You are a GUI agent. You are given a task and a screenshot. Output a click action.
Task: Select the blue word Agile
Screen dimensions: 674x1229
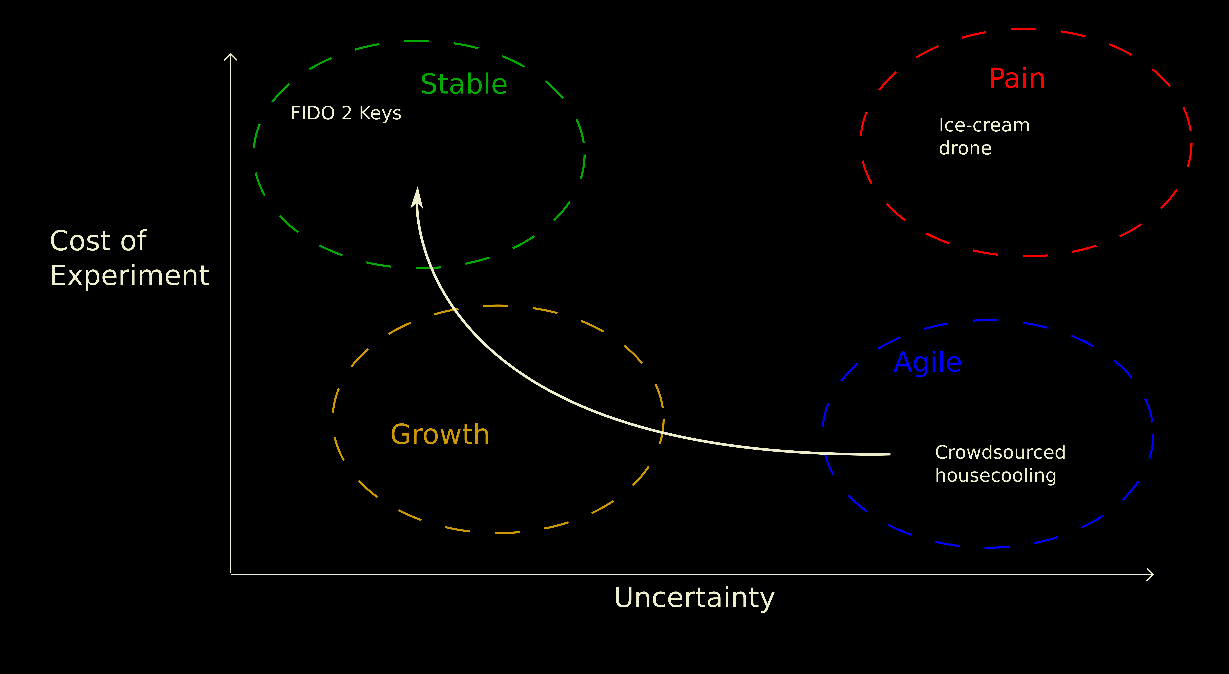click(928, 363)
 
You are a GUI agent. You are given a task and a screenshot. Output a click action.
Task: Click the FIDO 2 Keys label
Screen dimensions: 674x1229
click(346, 113)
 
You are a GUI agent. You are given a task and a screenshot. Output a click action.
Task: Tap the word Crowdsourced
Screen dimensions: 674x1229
click(1000, 452)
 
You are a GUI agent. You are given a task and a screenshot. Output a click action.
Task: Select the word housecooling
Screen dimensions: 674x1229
click(996, 476)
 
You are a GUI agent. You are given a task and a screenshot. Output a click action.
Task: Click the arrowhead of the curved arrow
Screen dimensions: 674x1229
click(417, 196)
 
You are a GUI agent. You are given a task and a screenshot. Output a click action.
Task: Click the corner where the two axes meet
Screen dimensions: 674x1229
click(231, 574)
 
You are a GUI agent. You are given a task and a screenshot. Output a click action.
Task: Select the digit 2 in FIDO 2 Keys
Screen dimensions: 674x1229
click(347, 113)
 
